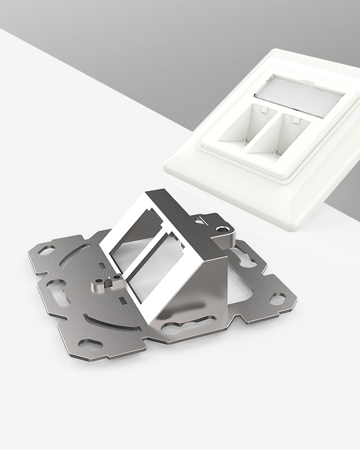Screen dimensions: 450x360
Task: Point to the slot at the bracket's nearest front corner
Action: click(90, 343)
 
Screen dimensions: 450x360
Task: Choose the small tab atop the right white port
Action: click(295, 119)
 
